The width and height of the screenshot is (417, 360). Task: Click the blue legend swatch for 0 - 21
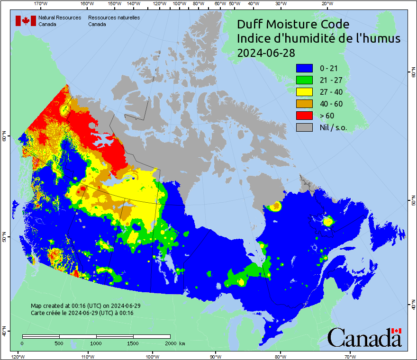click(305, 68)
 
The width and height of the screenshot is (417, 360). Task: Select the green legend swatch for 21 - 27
click(305, 80)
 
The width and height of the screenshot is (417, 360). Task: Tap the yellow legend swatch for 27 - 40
click(305, 92)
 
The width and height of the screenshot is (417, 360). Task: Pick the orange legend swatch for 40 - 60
click(305, 104)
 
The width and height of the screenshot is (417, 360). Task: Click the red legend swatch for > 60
click(305, 116)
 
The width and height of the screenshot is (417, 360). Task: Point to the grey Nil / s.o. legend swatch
click(305, 127)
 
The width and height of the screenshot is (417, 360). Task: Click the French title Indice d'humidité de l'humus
click(318, 38)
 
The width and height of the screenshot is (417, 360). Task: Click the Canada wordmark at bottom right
click(364, 338)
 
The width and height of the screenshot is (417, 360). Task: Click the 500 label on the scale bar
click(59, 343)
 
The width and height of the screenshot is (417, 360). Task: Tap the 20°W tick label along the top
click(326, 4)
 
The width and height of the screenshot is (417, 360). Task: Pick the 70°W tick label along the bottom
click(350, 356)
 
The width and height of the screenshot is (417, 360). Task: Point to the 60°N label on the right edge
click(413, 73)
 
